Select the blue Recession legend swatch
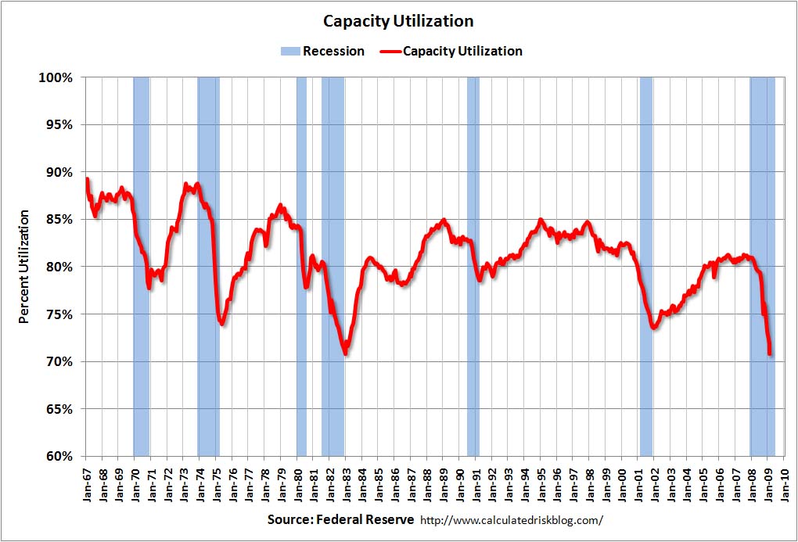(x=289, y=52)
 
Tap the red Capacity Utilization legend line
(x=390, y=52)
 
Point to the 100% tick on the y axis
(x=56, y=77)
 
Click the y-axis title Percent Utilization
(x=23, y=266)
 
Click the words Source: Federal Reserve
(x=341, y=519)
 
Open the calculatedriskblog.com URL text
(x=512, y=520)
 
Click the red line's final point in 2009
(x=771, y=354)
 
